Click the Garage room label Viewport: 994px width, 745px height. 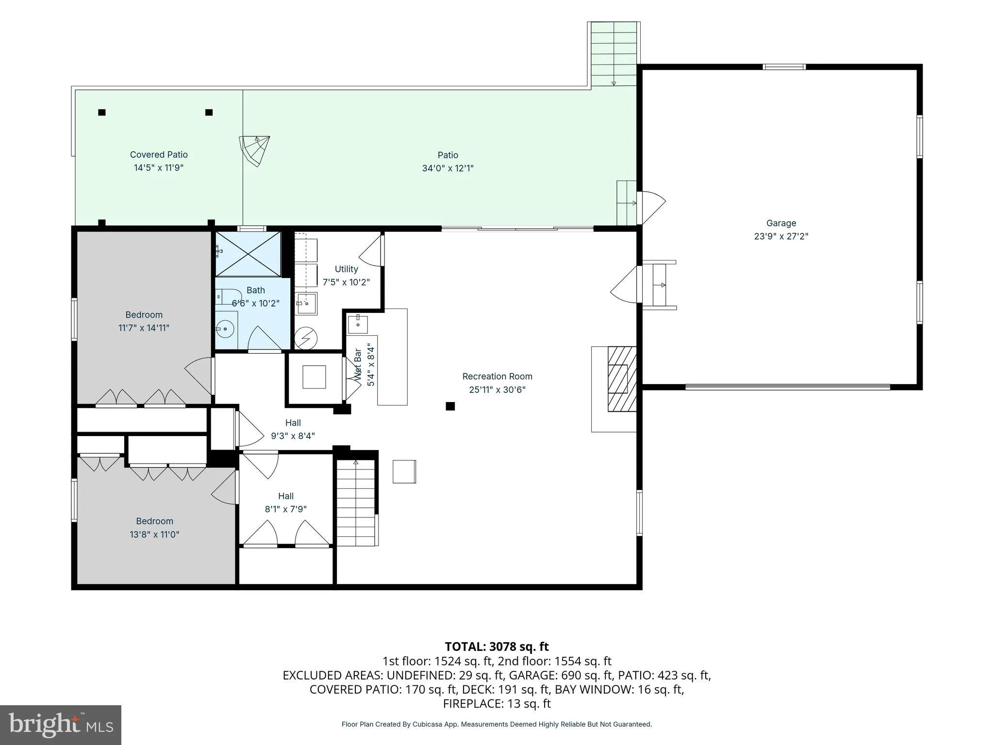[x=781, y=223]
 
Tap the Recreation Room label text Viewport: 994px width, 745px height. [x=497, y=376]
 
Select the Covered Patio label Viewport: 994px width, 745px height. [x=159, y=155]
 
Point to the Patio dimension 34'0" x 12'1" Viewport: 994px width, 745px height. [x=447, y=168]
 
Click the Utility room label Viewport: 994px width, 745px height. [x=346, y=269]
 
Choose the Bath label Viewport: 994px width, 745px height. [x=256, y=290]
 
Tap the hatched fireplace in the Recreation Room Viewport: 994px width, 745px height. [x=622, y=379]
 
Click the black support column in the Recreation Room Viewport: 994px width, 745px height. [x=450, y=406]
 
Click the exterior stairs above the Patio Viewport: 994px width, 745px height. [x=613, y=54]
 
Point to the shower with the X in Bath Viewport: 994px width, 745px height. [x=248, y=255]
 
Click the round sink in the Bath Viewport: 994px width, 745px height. [x=225, y=329]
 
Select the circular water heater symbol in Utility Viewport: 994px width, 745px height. [x=306, y=338]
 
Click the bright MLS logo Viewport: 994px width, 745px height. [x=61, y=725]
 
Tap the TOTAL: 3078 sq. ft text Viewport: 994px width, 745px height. [x=497, y=647]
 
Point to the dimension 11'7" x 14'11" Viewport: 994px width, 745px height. [x=144, y=328]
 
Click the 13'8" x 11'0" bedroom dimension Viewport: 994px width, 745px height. [x=154, y=534]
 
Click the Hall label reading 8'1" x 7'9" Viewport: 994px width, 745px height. [x=286, y=509]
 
